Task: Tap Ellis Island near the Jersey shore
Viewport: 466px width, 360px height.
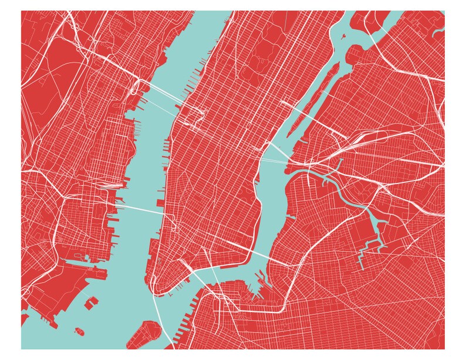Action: [x=92, y=303]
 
